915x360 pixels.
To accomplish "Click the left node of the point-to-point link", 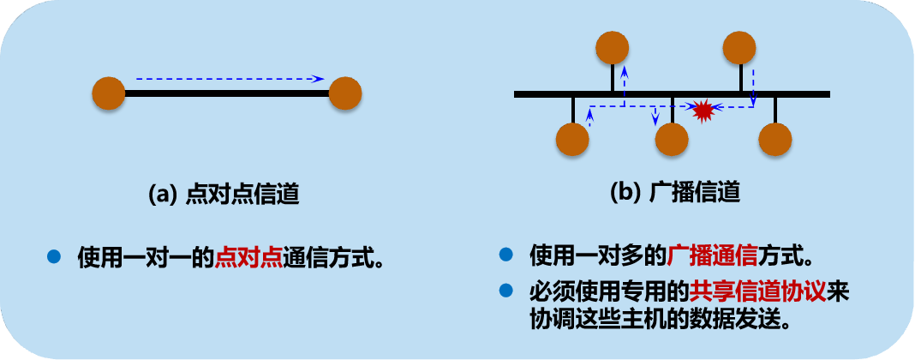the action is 109,93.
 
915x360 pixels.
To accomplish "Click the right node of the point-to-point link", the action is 344,93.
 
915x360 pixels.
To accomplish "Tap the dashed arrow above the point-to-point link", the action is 230,79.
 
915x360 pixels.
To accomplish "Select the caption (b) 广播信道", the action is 674,193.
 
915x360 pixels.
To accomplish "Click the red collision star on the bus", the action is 703,110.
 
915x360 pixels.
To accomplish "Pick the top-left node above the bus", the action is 613,48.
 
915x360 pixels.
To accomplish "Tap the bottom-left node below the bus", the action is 572,140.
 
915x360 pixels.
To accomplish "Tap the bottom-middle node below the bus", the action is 672,140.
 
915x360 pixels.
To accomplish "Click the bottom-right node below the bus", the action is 774,140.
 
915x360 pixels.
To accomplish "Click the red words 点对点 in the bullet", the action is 249,256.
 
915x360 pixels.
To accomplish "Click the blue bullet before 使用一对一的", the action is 55,255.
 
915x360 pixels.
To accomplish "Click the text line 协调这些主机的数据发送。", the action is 659,318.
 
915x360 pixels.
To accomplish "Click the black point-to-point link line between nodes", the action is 227,93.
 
